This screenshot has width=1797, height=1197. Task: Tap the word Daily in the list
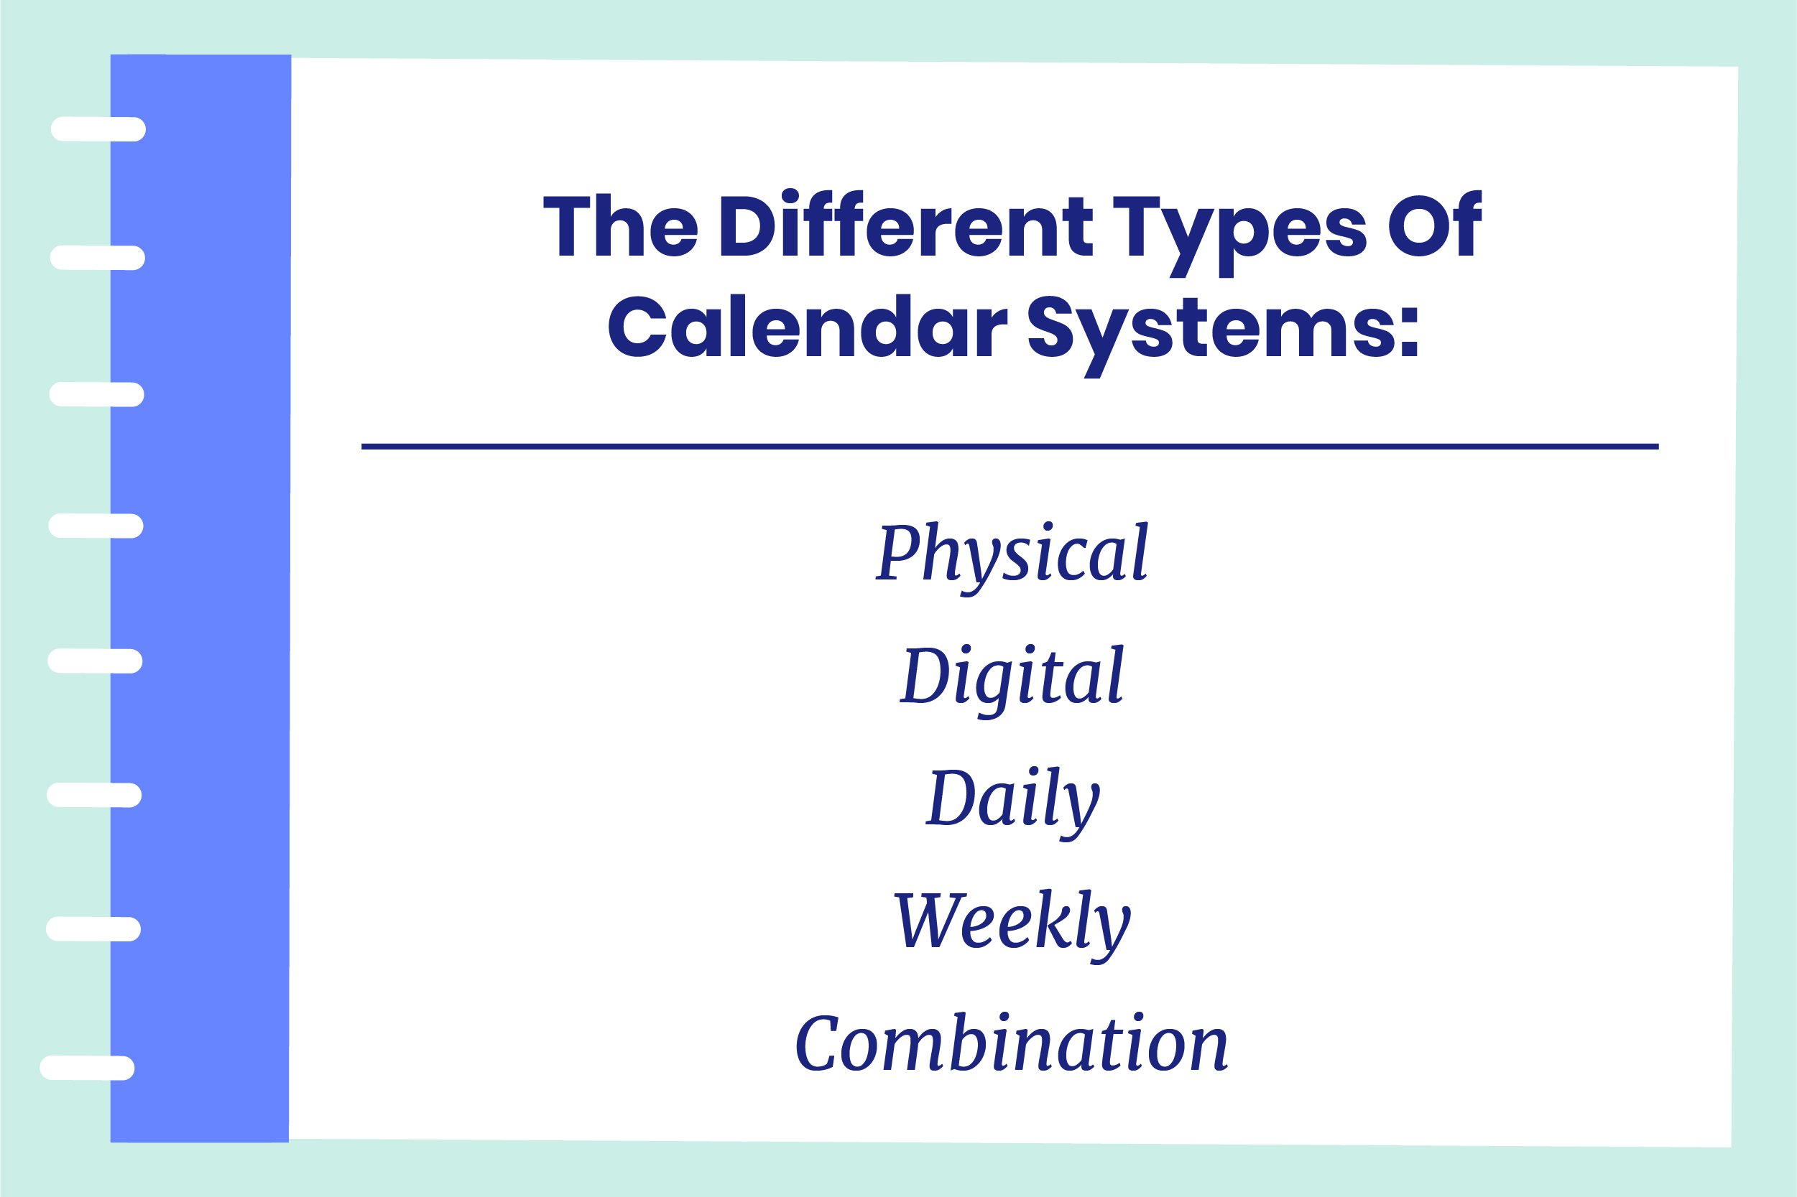[x=1012, y=798]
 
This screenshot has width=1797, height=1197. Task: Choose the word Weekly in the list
[x=1012, y=921]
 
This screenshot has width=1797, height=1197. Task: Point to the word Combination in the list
[x=1011, y=1043]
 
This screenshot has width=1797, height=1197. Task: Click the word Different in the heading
[x=907, y=227]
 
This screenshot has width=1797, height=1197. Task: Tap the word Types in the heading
[x=1239, y=229]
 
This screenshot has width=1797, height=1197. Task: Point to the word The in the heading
[x=620, y=227]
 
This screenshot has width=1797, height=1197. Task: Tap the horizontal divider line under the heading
[x=1010, y=447]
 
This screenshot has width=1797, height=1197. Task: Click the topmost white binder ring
[x=98, y=129]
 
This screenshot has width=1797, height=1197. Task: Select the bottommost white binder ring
[x=87, y=1068]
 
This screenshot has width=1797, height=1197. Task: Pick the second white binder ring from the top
[x=98, y=258]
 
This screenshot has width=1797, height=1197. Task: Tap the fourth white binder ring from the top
[x=96, y=526]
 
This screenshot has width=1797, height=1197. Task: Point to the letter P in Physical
[x=896, y=552]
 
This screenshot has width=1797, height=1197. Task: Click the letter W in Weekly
[x=925, y=920]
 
